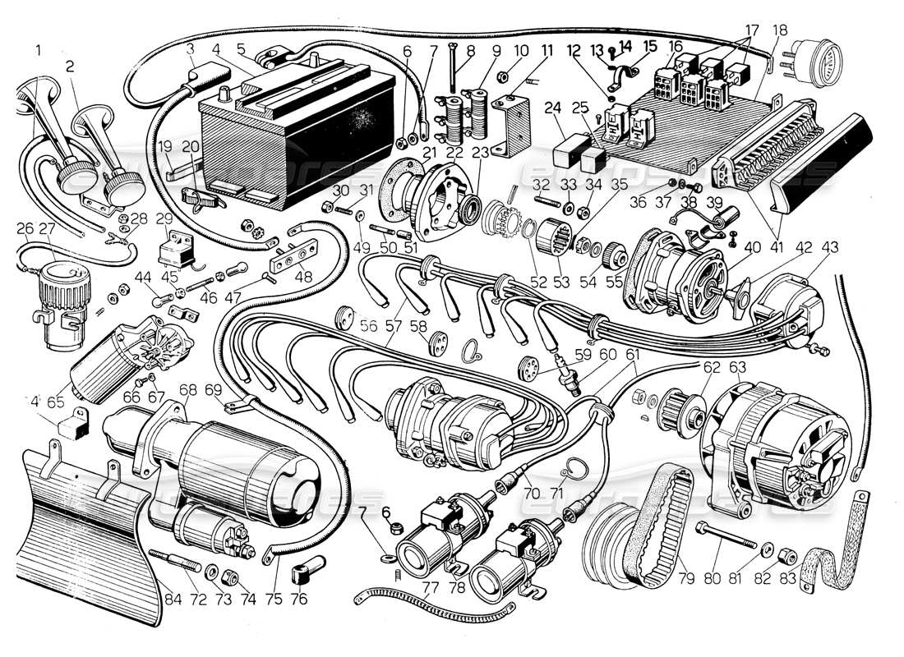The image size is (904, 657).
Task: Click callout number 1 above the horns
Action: pyautogui.click(x=38, y=49)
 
